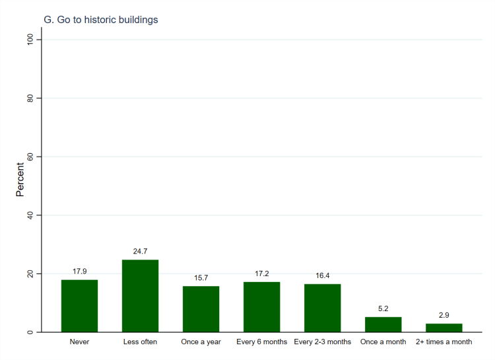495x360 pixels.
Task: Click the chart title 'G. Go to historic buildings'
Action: (101, 20)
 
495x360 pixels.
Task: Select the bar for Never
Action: (79, 306)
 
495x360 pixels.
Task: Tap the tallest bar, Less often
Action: (140, 296)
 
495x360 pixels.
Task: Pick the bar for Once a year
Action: (201, 309)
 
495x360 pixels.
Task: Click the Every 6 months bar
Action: (261, 307)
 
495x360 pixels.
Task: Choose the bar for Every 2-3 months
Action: (322, 308)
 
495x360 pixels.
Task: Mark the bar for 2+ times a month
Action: (444, 328)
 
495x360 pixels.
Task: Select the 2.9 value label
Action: (444, 316)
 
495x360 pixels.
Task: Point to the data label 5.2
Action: (383, 309)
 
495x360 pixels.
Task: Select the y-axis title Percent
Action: (20, 180)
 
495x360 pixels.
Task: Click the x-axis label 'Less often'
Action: (140, 342)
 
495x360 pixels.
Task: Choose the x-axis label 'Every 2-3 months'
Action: (322, 342)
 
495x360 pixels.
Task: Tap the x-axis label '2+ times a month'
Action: (444, 342)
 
